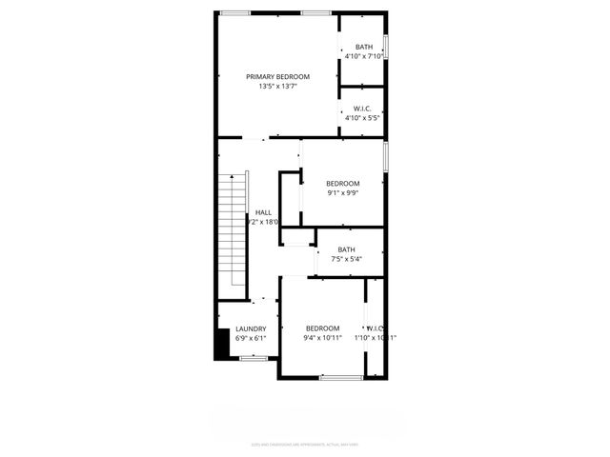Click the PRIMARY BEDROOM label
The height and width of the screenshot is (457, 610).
[x=277, y=76]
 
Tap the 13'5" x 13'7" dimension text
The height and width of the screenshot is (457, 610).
[x=277, y=87]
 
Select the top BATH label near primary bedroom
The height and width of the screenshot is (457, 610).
[x=364, y=47]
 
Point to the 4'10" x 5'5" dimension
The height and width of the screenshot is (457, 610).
[x=363, y=118]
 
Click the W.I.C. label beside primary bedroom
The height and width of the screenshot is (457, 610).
[x=363, y=108]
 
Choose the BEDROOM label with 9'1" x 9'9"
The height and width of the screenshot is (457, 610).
[x=342, y=183]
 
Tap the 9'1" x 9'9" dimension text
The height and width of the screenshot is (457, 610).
[x=342, y=193]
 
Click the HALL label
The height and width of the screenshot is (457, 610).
[x=263, y=212]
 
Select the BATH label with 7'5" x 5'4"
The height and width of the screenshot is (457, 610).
[x=345, y=249]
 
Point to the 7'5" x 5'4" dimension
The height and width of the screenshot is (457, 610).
[x=345, y=259]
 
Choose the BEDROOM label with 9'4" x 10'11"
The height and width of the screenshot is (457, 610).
[x=322, y=328]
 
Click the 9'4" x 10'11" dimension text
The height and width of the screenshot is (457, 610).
[x=322, y=338]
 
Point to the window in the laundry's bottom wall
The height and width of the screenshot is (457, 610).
[x=253, y=358]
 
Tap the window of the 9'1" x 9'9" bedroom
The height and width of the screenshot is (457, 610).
[x=386, y=157]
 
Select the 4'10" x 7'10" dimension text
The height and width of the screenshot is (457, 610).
[x=364, y=56]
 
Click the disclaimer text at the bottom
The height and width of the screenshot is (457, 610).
[x=305, y=443]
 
